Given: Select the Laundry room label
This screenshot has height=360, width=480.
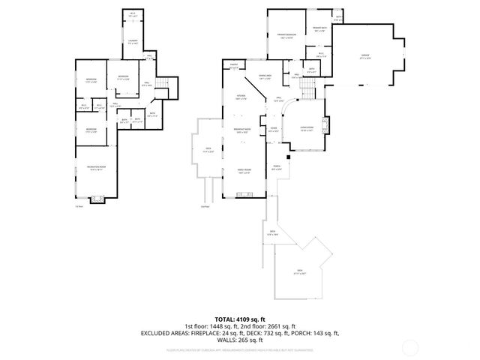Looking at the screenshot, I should (132, 43).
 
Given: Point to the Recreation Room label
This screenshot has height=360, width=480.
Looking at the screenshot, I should (95, 169).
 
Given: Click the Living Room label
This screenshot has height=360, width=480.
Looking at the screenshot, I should (307, 129).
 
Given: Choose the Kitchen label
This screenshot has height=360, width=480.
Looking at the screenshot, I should (241, 97).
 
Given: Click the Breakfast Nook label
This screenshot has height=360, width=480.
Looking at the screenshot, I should (242, 131).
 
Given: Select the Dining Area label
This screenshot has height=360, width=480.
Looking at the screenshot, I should (265, 77).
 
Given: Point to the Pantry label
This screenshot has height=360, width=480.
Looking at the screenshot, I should (234, 67).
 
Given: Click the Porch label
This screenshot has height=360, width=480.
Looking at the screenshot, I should (277, 167).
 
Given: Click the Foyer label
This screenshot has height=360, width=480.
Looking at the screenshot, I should (274, 128).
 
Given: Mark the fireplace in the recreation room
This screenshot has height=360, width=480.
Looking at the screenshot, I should (96, 199).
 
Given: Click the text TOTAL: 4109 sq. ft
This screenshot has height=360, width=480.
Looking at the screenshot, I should (240, 319).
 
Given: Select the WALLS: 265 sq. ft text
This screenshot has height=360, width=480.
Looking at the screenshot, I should (240, 340).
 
